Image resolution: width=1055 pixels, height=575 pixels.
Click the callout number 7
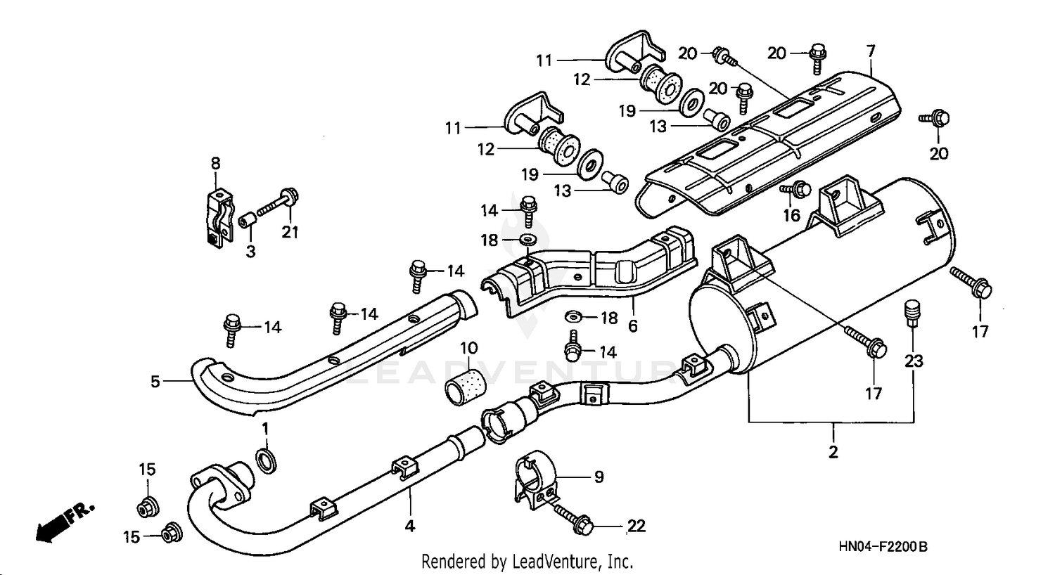pyautogui.click(x=871, y=51)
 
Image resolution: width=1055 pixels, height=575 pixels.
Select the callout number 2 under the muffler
pyautogui.click(x=833, y=452)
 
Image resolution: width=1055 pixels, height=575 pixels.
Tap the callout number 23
pyautogui.click(x=914, y=361)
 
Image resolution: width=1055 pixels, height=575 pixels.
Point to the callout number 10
pyautogui.click(x=469, y=348)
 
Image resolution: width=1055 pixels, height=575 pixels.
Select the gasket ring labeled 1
pyautogui.click(x=267, y=461)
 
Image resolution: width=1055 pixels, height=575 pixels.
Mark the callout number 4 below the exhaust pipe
pyautogui.click(x=410, y=525)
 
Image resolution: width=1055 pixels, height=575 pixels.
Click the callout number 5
pyautogui.click(x=155, y=382)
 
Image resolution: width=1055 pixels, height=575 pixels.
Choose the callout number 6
pyautogui.click(x=633, y=326)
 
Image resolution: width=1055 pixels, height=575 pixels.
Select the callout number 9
pyautogui.click(x=599, y=477)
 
